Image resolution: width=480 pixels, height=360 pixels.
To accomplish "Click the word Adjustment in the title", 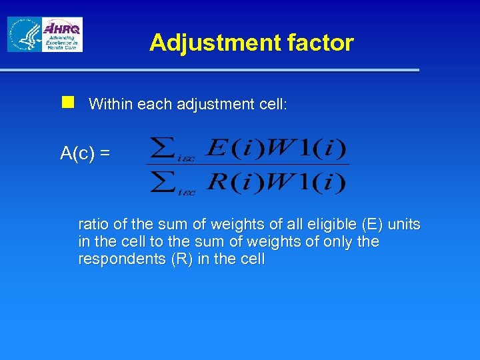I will click(206, 43).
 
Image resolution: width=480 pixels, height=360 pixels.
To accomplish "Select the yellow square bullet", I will click(67, 102).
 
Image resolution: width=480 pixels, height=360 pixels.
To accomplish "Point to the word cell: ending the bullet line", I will click(269, 104).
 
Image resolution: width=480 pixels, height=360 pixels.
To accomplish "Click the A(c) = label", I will click(85, 153).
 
